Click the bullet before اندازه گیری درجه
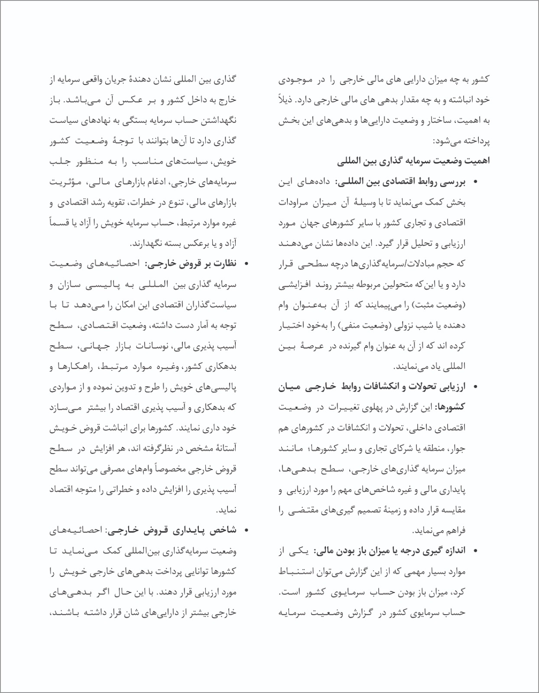[x=476, y=551]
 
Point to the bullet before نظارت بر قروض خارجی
[x=247, y=264]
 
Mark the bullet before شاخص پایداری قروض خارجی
[x=247, y=531]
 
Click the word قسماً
[x=58, y=223]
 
